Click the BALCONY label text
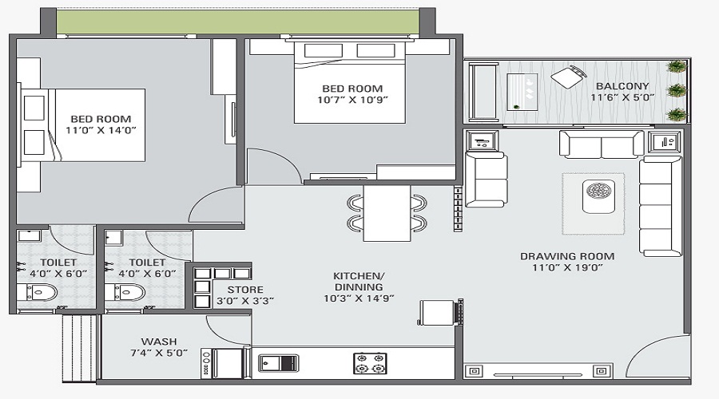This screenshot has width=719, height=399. point(622,85)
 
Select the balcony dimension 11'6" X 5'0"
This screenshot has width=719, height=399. point(622,97)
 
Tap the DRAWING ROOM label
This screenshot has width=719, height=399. point(567,256)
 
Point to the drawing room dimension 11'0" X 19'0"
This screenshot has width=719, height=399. point(567,268)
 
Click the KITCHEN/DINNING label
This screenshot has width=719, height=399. point(358,281)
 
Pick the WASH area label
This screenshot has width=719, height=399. point(159,341)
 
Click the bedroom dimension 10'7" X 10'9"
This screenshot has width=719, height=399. point(352,101)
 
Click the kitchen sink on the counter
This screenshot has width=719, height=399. point(278,363)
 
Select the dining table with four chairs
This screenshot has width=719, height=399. point(386,212)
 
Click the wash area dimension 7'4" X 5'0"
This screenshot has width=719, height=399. point(159,353)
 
